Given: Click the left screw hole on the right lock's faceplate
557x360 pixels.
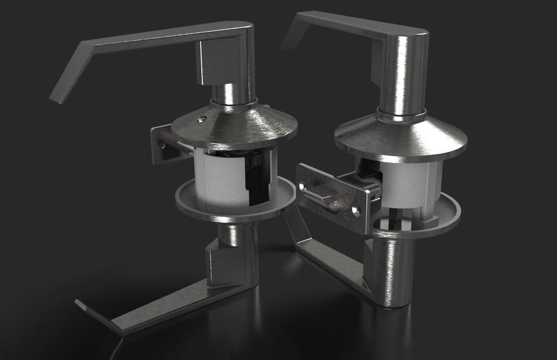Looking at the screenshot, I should pyautogui.click(x=302, y=184).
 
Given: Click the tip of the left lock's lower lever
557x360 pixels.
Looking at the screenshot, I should pyautogui.click(x=80, y=304).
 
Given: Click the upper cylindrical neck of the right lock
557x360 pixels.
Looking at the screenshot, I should pyautogui.click(x=402, y=75).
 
